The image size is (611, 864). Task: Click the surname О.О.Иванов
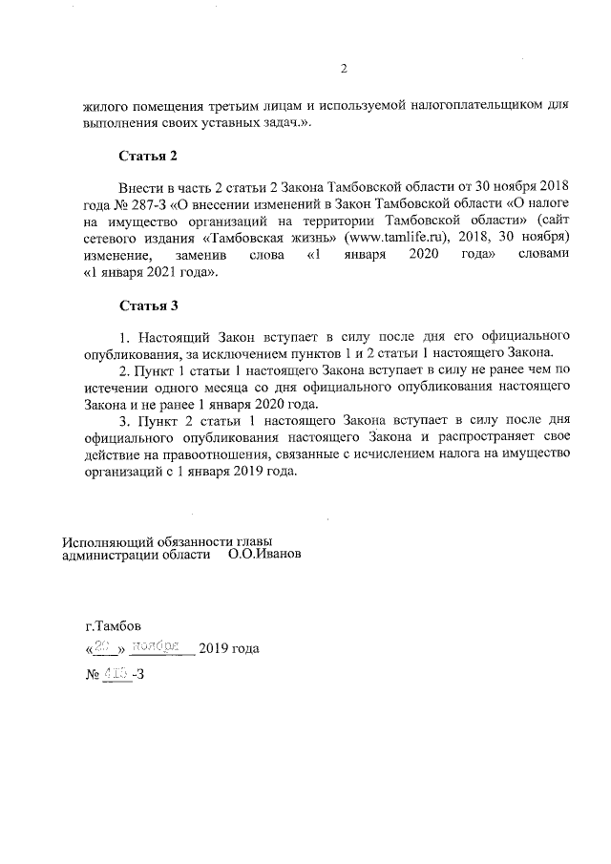(265, 553)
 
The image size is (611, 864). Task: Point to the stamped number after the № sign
(116, 674)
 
